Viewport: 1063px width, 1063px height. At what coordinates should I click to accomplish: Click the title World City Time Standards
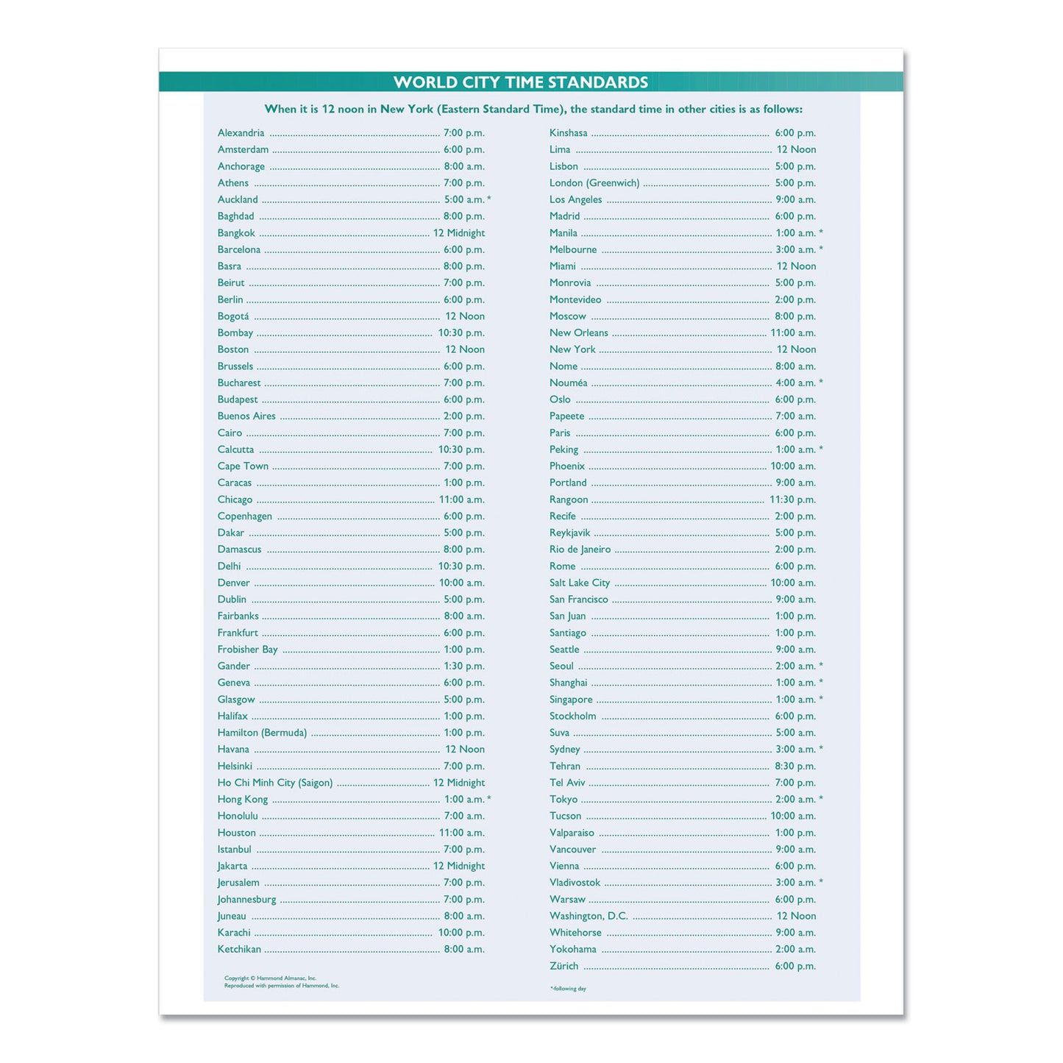coord(521,82)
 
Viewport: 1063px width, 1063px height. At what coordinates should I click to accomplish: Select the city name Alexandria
coord(241,133)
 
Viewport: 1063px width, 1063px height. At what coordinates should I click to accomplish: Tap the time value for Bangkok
coord(458,233)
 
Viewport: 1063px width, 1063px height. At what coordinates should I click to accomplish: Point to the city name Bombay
coord(235,333)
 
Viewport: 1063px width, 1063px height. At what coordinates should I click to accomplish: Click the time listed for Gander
coord(463,666)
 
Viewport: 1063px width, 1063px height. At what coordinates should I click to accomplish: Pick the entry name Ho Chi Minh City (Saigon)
coord(274,783)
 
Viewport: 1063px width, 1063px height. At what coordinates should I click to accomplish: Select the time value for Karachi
coord(461,933)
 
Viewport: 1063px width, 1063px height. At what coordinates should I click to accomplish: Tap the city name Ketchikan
coord(239,950)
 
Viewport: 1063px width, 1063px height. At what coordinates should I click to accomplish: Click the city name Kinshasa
coord(568,133)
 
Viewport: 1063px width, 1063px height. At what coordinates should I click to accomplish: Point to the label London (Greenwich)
coord(594,183)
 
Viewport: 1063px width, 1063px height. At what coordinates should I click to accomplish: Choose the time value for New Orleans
coord(793,333)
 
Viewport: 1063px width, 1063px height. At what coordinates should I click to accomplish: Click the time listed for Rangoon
coord(792,499)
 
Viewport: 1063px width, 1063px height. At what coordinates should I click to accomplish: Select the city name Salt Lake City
coord(580,583)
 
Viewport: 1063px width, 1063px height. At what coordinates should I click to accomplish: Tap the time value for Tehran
coord(795,767)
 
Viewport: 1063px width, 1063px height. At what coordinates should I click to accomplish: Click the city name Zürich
coord(564,967)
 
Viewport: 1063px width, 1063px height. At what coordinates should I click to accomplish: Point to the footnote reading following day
coord(568,989)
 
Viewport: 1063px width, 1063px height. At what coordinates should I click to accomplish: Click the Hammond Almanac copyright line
coord(270,978)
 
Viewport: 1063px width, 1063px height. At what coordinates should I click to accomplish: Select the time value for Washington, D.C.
coord(796,917)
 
